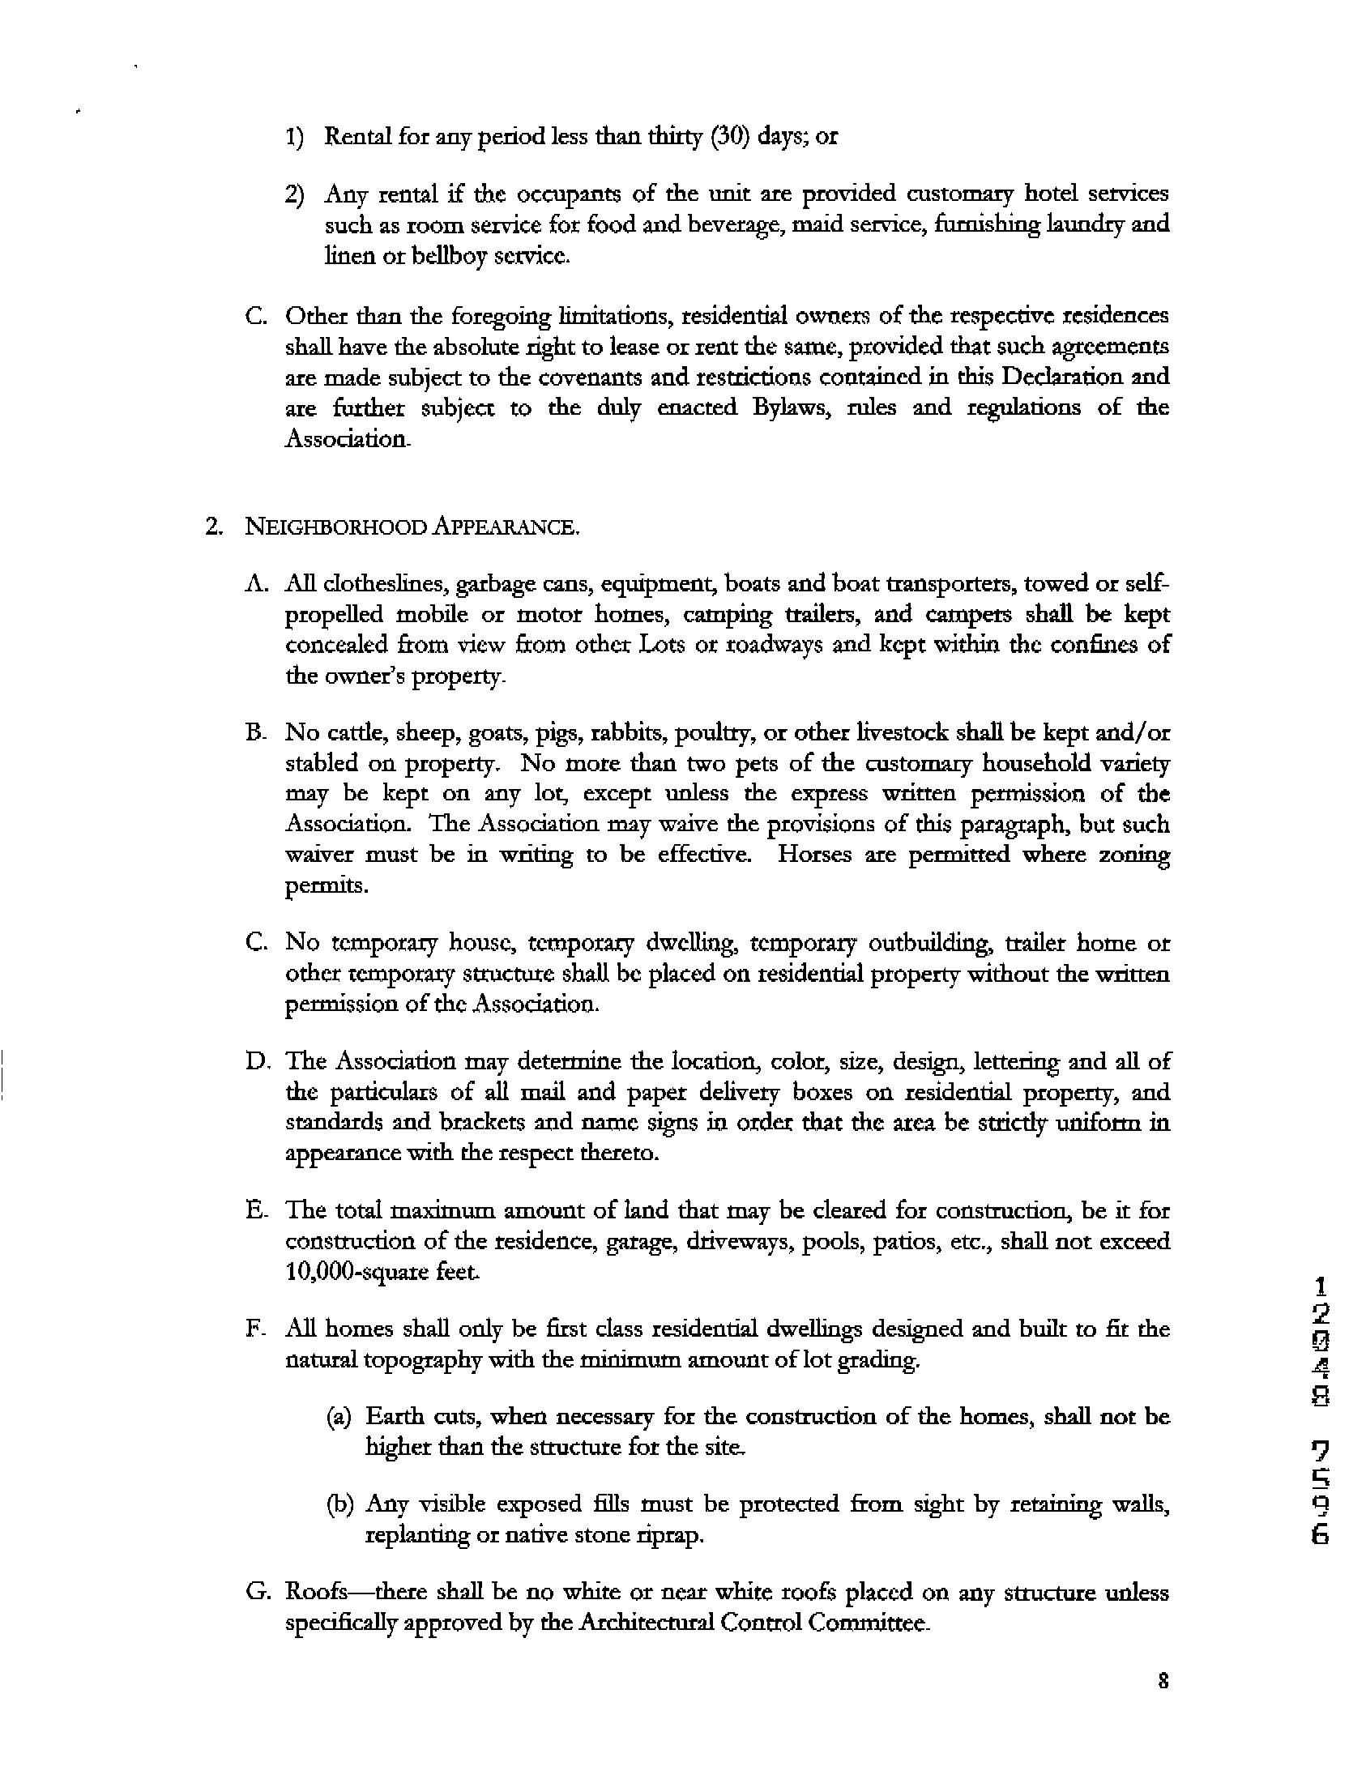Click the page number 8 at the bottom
1164,1683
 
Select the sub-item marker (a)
339,1417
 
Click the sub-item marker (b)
339,1505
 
